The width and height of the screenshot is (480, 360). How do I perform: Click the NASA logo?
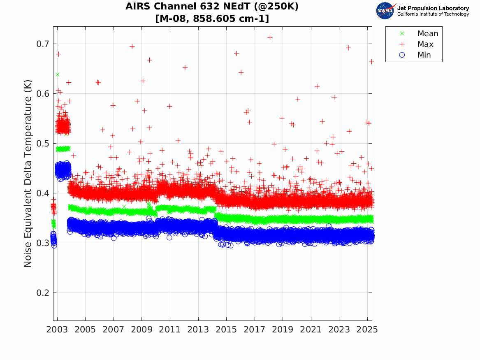click(x=385, y=10)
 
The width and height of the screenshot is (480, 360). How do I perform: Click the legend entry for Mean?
click(x=427, y=33)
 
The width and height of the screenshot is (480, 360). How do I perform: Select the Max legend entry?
click(x=425, y=44)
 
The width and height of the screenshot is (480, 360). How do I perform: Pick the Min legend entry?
click(x=424, y=55)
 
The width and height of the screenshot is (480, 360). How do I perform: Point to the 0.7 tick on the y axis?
click(x=42, y=44)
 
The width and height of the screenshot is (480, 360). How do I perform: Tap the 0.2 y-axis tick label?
click(x=42, y=293)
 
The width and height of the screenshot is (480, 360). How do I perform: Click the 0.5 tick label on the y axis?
click(x=42, y=144)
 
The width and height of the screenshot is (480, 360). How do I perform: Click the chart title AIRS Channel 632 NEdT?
click(x=212, y=7)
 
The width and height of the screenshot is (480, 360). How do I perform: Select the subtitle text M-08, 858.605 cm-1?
click(x=212, y=19)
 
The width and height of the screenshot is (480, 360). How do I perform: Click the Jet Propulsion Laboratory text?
click(x=433, y=8)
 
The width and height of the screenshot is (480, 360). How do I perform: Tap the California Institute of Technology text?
click(x=433, y=14)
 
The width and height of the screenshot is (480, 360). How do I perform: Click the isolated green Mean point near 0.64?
click(x=58, y=74)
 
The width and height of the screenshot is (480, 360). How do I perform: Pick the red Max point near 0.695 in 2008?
click(x=132, y=46)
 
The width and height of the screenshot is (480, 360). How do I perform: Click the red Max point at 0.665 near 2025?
click(x=371, y=62)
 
